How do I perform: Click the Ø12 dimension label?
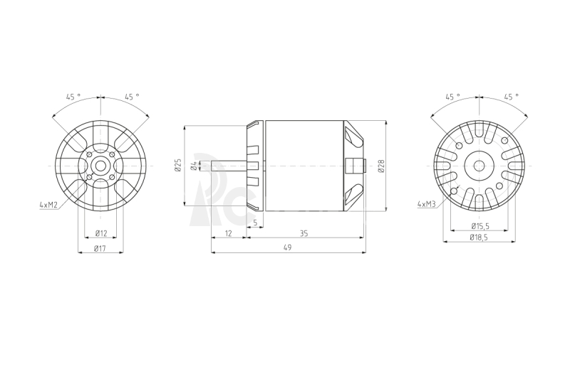101,233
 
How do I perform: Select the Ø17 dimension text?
100,248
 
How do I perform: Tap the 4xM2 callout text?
48,205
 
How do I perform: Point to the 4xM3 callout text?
426,204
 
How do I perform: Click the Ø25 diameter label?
177,165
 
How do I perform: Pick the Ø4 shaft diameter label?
195,166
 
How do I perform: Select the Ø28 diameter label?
381,166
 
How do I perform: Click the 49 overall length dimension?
287,247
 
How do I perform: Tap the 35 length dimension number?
304,233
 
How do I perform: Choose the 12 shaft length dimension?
228,233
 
